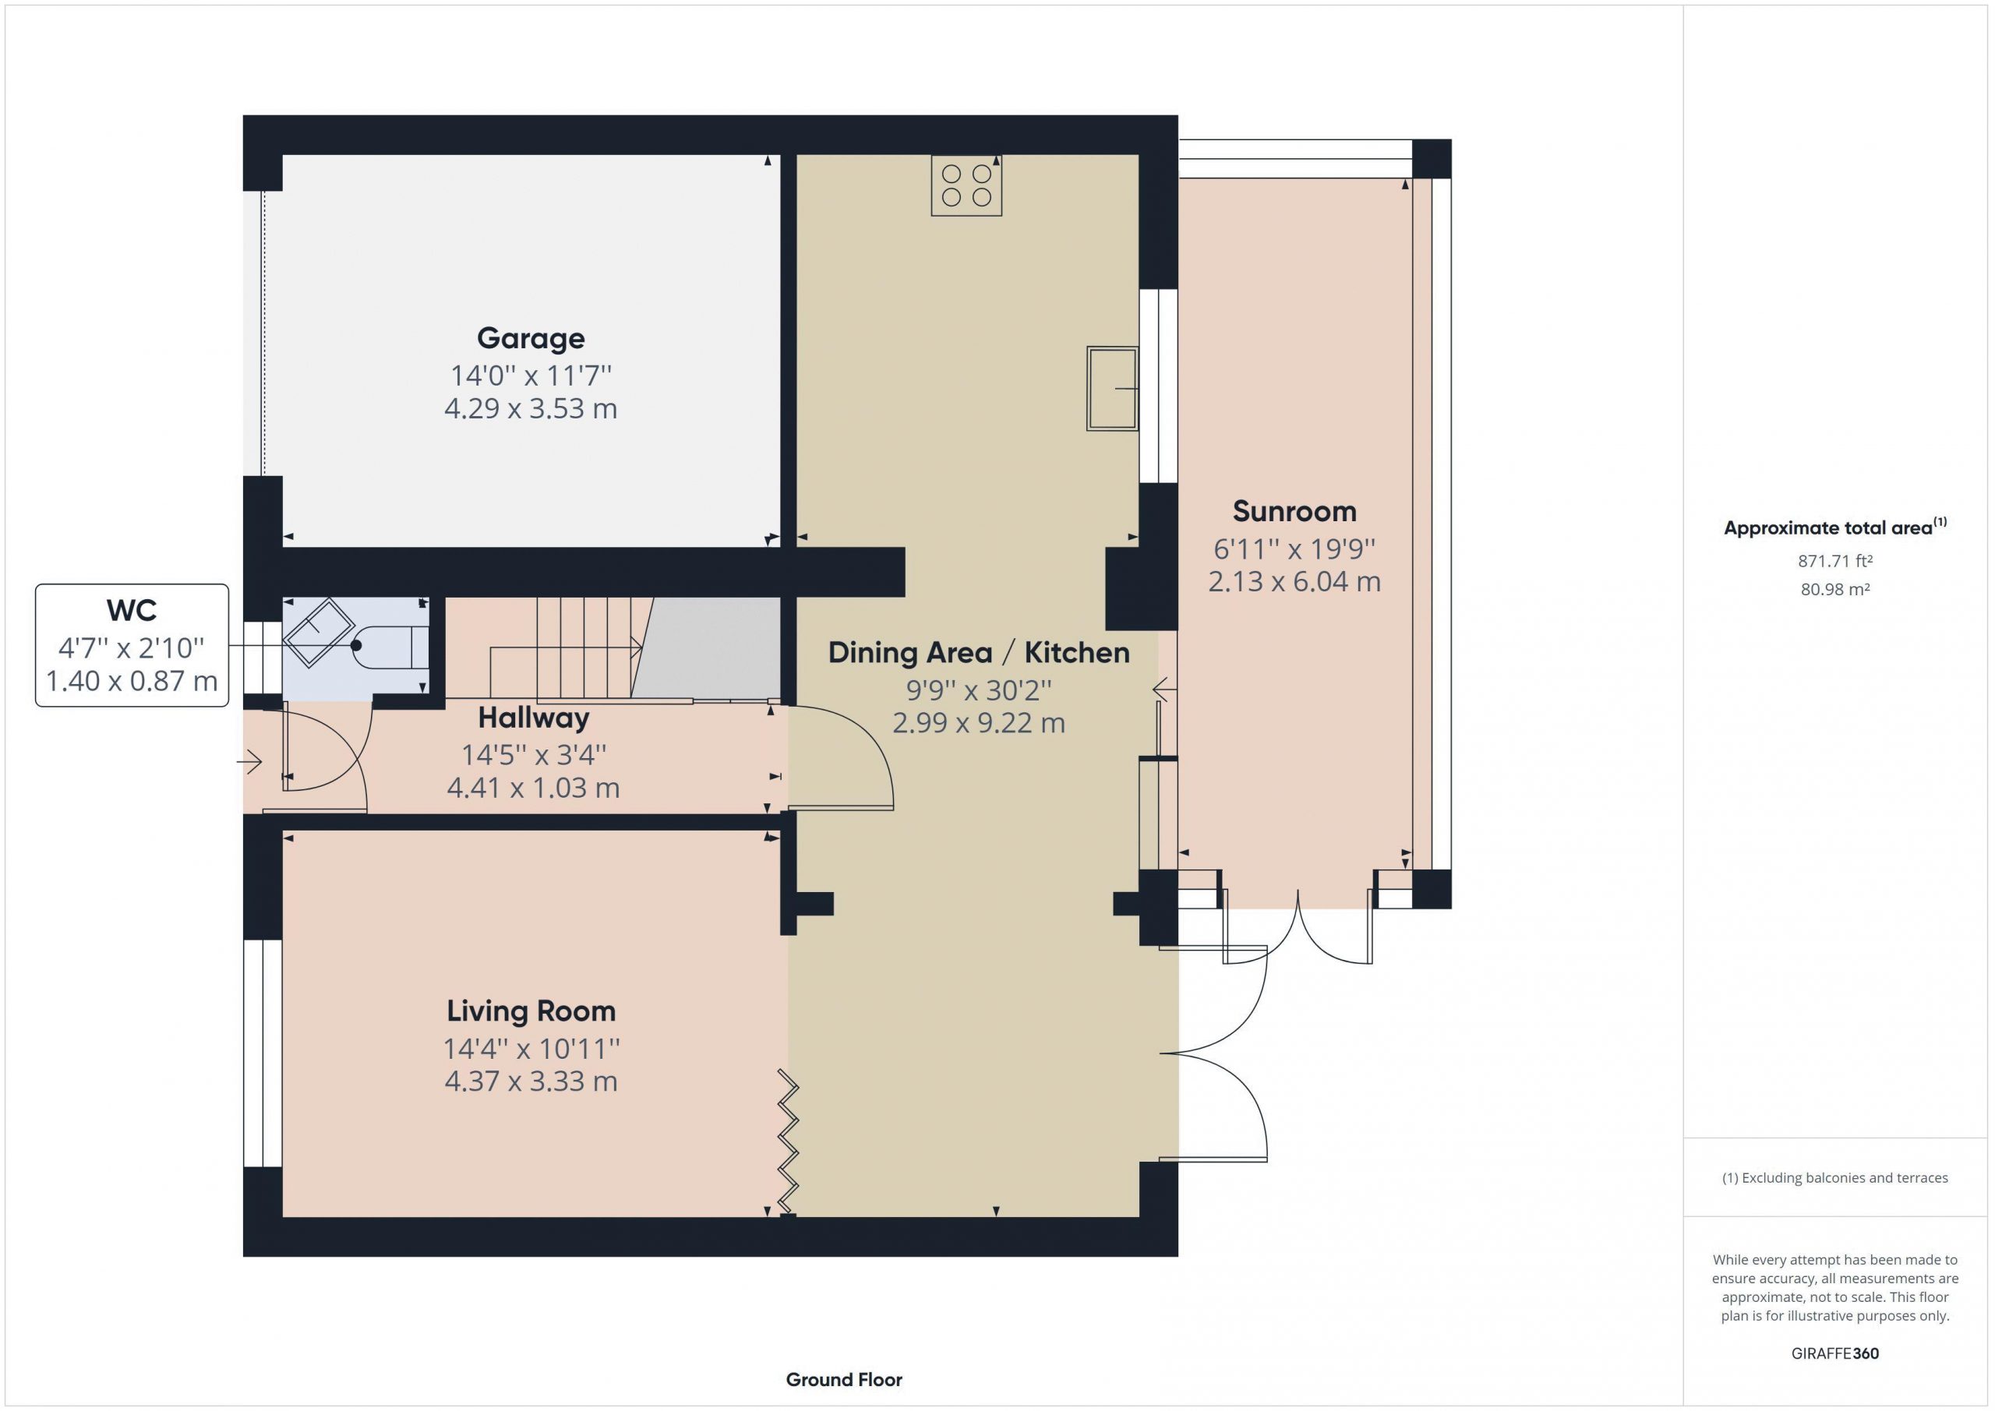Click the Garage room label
click(530, 338)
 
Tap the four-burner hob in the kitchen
click(966, 185)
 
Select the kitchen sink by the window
click(1112, 388)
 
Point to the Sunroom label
click(1294, 511)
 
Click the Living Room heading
click(531, 1011)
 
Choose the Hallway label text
click(534, 718)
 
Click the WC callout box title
click(131, 610)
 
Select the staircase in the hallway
click(591, 649)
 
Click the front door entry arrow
click(249, 763)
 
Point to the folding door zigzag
click(788, 1141)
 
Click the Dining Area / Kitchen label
click(978, 652)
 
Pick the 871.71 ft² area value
click(1834, 561)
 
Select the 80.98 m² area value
click(1834, 589)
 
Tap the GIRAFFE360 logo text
click(1834, 1353)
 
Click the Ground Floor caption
click(844, 1380)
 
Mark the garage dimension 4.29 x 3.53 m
click(531, 408)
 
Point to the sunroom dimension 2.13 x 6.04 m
click(1294, 581)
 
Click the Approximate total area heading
click(1834, 527)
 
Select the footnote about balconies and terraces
click(1834, 1178)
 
